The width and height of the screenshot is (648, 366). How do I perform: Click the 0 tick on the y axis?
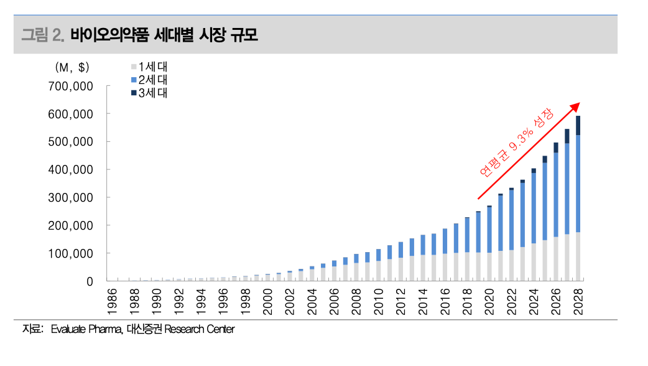[x=90, y=282]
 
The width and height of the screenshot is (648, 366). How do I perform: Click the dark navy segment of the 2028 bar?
[x=578, y=125]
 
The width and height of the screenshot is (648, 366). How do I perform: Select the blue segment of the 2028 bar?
[x=578, y=184]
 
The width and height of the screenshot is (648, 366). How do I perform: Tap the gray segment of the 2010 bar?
[x=379, y=271]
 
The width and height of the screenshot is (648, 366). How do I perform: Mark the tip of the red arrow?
[x=579, y=104]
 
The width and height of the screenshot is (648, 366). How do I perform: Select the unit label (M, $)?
[x=72, y=67]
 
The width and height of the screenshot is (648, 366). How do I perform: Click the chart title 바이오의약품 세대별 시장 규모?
[x=164, y=35]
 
